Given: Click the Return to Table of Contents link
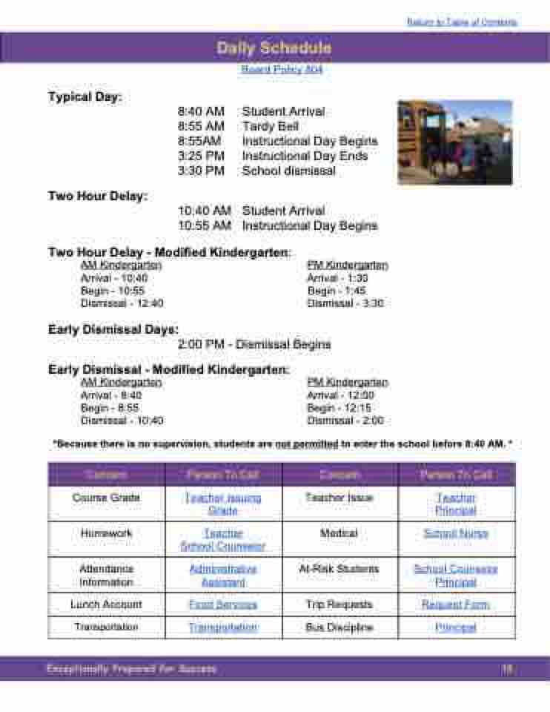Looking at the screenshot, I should tap(462, 22).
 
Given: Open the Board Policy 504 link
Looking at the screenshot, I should tap(282, 69).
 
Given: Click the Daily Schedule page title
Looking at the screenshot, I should tap(274, 48).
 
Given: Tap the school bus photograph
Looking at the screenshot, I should tap(454, 142).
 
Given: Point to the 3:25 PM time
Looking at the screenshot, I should tap(200, 156).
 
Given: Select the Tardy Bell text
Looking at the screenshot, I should tap(270, 126).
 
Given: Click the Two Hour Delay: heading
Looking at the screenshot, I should tap(98, 197).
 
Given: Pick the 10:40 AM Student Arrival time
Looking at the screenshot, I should tap(204, 211).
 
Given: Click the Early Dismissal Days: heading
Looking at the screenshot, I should tap(113, 329).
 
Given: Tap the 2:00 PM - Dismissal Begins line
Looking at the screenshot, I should tap(254, 344).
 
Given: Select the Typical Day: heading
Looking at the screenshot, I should tap(85, 97).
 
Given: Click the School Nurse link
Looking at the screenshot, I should tap(456, 533).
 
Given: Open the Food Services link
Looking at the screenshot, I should tap(223, 604).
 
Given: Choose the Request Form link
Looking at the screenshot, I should tap(456, 604).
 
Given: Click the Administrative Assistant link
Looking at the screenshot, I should tap(223, 576).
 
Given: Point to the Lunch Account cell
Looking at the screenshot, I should tap(106, 604).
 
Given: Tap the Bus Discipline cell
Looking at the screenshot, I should tap(339, 627).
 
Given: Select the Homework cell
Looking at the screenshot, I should tap(106, 533).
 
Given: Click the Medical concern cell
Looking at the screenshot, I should tap(339, 533).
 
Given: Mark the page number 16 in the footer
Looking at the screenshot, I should tap(507, 669).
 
